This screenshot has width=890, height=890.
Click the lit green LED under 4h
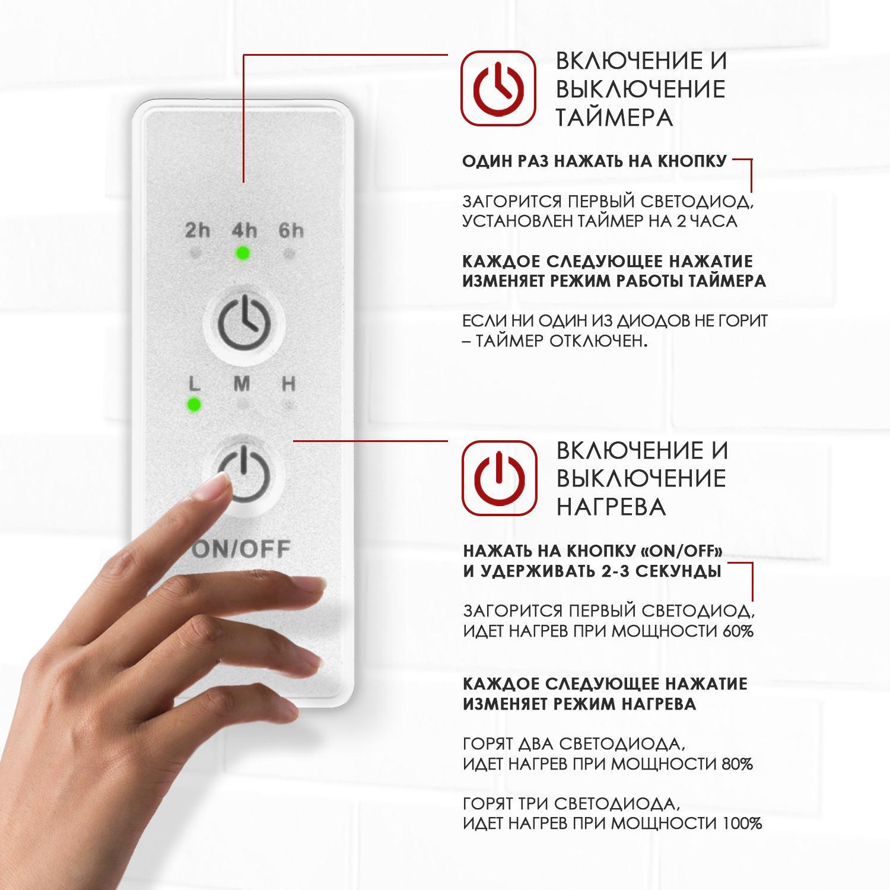243,253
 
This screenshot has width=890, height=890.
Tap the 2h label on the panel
198,230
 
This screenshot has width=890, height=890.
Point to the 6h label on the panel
291,230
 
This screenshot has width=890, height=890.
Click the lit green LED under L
194,405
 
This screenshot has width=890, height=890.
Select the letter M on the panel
241,384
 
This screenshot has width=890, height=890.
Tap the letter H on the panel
288,384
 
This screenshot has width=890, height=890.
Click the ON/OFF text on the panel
241,549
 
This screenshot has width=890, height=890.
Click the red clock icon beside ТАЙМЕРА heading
498,88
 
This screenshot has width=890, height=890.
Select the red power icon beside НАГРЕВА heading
500,478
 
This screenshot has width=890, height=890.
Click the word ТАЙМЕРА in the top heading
614,117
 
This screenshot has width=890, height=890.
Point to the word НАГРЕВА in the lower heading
611,507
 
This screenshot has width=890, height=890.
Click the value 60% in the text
738,631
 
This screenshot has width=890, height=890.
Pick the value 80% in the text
738,764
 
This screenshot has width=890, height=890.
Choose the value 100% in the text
742,823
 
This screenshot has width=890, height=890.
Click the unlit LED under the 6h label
289,254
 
